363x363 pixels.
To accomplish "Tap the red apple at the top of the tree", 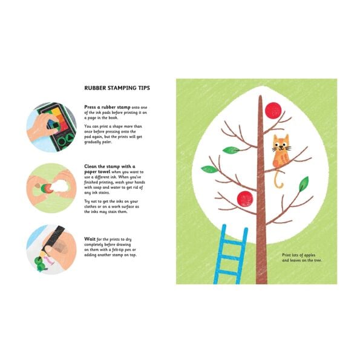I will coord(274,110).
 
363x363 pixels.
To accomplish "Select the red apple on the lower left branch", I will coord(244,197).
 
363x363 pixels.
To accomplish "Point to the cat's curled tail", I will coord(278,180).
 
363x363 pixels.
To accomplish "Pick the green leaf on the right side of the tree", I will coord(303,183).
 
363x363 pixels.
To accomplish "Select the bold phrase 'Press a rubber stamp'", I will coord(106,106).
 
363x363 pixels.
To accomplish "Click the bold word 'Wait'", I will coord(89,239).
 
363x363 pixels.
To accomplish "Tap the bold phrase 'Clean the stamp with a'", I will coord(109,165).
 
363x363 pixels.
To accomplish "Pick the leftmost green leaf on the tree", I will coord(207,169).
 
